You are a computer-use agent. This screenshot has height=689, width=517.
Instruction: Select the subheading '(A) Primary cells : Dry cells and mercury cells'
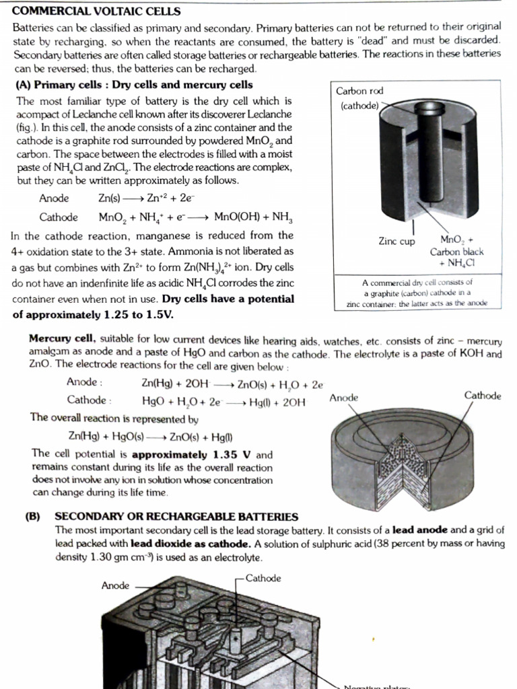click(134, 85)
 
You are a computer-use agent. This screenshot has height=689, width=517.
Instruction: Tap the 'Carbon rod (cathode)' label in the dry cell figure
click(360, 98)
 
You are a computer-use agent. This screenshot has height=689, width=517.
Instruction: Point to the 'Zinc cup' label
click(397, 242)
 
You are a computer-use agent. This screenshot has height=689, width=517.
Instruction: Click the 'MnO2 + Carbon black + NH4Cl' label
click(456, 251)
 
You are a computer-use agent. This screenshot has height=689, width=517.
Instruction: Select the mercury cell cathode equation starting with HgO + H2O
click(223, 402)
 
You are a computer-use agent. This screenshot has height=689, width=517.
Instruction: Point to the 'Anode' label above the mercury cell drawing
click(344, 398)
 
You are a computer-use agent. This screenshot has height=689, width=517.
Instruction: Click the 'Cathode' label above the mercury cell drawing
click(482, 396)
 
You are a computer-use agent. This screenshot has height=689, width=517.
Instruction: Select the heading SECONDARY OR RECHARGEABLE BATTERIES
click(176, 516)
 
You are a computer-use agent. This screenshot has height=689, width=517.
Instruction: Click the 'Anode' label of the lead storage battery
click(115, 585)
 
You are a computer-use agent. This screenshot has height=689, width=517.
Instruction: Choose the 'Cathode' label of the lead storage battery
click(263, 578)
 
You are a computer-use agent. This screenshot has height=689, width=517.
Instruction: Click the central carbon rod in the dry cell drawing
click(424, 155)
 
